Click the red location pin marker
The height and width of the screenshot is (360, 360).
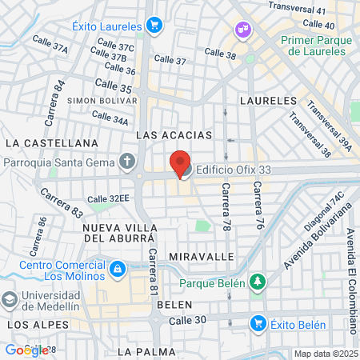pos(180,162)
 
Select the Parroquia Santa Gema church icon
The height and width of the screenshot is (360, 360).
pos(127,162)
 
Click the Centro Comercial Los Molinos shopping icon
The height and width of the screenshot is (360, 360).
pos(118,267)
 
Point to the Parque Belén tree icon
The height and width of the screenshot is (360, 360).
pos(257,282)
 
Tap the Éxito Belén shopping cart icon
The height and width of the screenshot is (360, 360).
pos(258,323)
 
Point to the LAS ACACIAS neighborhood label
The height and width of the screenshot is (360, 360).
pos(174,135)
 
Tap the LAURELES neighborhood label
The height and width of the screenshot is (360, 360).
pos(268,102)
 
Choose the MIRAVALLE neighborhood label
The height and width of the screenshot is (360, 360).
pos(202,256)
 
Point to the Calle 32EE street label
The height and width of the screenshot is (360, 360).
pos(108,198)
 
